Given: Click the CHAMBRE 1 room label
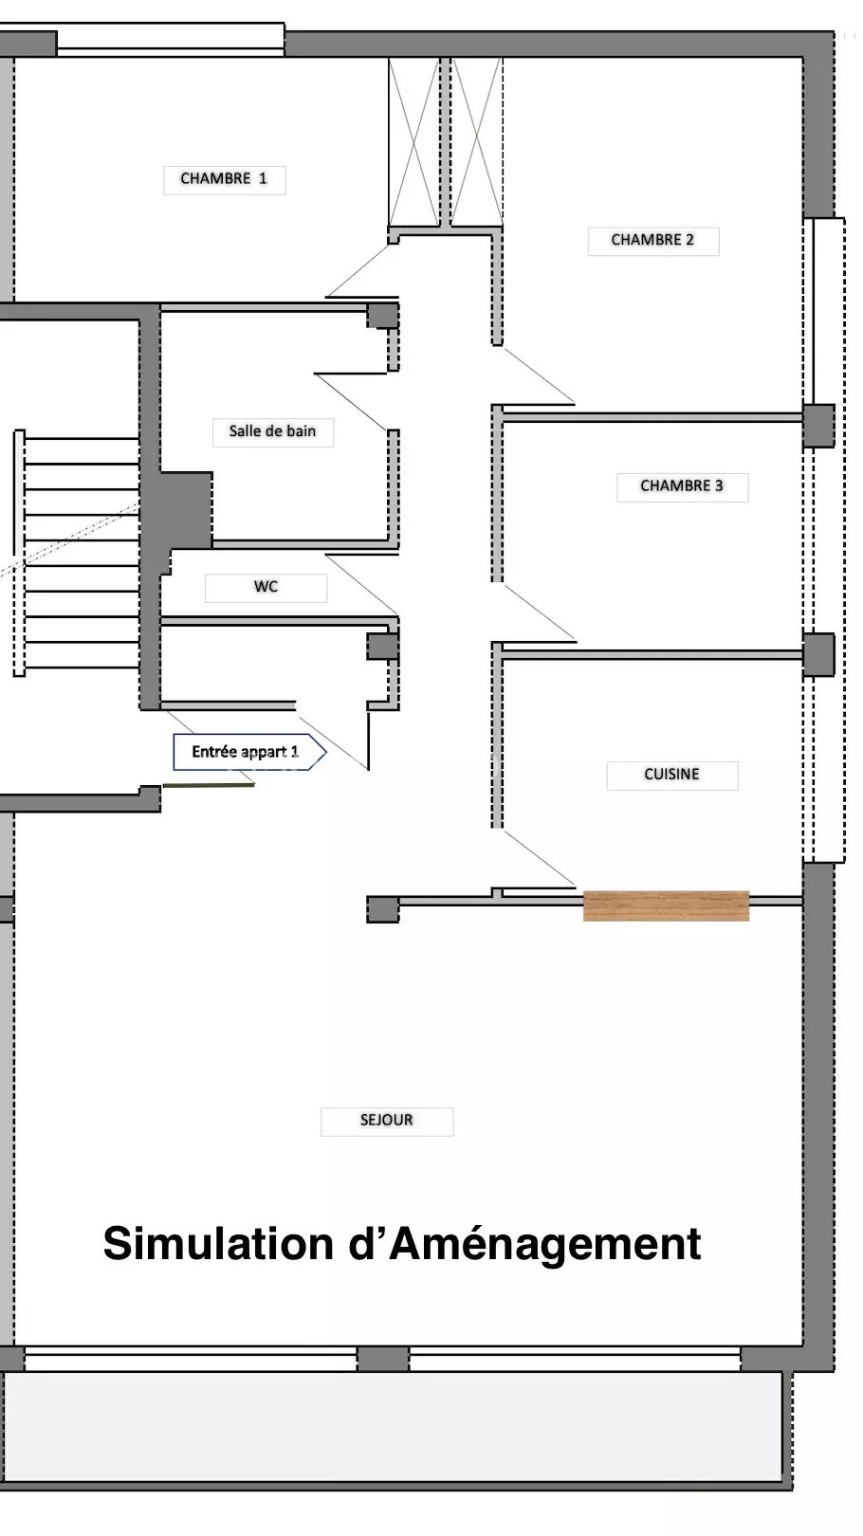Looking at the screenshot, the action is [224, 179].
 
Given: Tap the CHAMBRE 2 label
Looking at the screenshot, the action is [653, 241].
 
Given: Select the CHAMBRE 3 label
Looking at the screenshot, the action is [682, 486].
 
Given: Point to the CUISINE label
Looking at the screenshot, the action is [672, 775].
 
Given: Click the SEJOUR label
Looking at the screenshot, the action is [387, 1121].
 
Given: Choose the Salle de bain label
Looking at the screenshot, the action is [273, 432].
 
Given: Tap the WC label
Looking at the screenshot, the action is [266, 588].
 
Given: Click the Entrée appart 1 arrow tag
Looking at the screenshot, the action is [249, 752].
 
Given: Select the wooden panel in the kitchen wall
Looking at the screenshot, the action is [666, 905].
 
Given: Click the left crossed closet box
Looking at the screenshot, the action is [413, 142].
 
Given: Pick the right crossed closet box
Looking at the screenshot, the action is [477, 142].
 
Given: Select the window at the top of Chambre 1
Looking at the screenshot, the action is [170, 40].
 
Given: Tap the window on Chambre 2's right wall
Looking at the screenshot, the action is [824, 311].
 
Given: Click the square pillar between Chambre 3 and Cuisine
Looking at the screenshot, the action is [818, 655].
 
